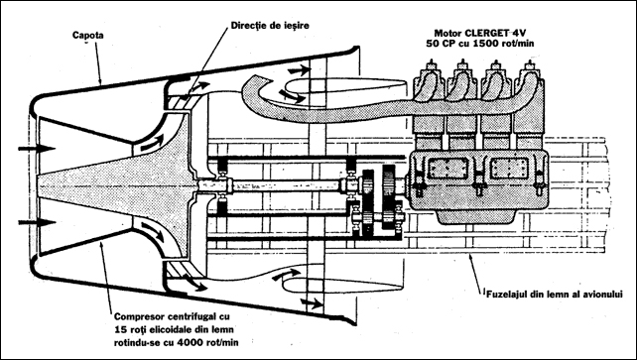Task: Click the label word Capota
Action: coord(87,36)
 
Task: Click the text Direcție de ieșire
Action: coord(270,25)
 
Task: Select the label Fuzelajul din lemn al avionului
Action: coord(554,295)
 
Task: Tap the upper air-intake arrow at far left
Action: coord(37,149)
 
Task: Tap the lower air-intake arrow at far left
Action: coord(37,222)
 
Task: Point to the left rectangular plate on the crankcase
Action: coord(448,168)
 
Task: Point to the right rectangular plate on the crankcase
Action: coord(510,168)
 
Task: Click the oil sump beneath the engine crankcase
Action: coord(477,217)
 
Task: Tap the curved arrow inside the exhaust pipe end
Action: coord(292,95)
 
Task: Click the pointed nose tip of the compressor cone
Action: coord(39,185)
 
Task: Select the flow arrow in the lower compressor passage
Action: coord(153,232)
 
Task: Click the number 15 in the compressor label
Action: coord(120,329)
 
